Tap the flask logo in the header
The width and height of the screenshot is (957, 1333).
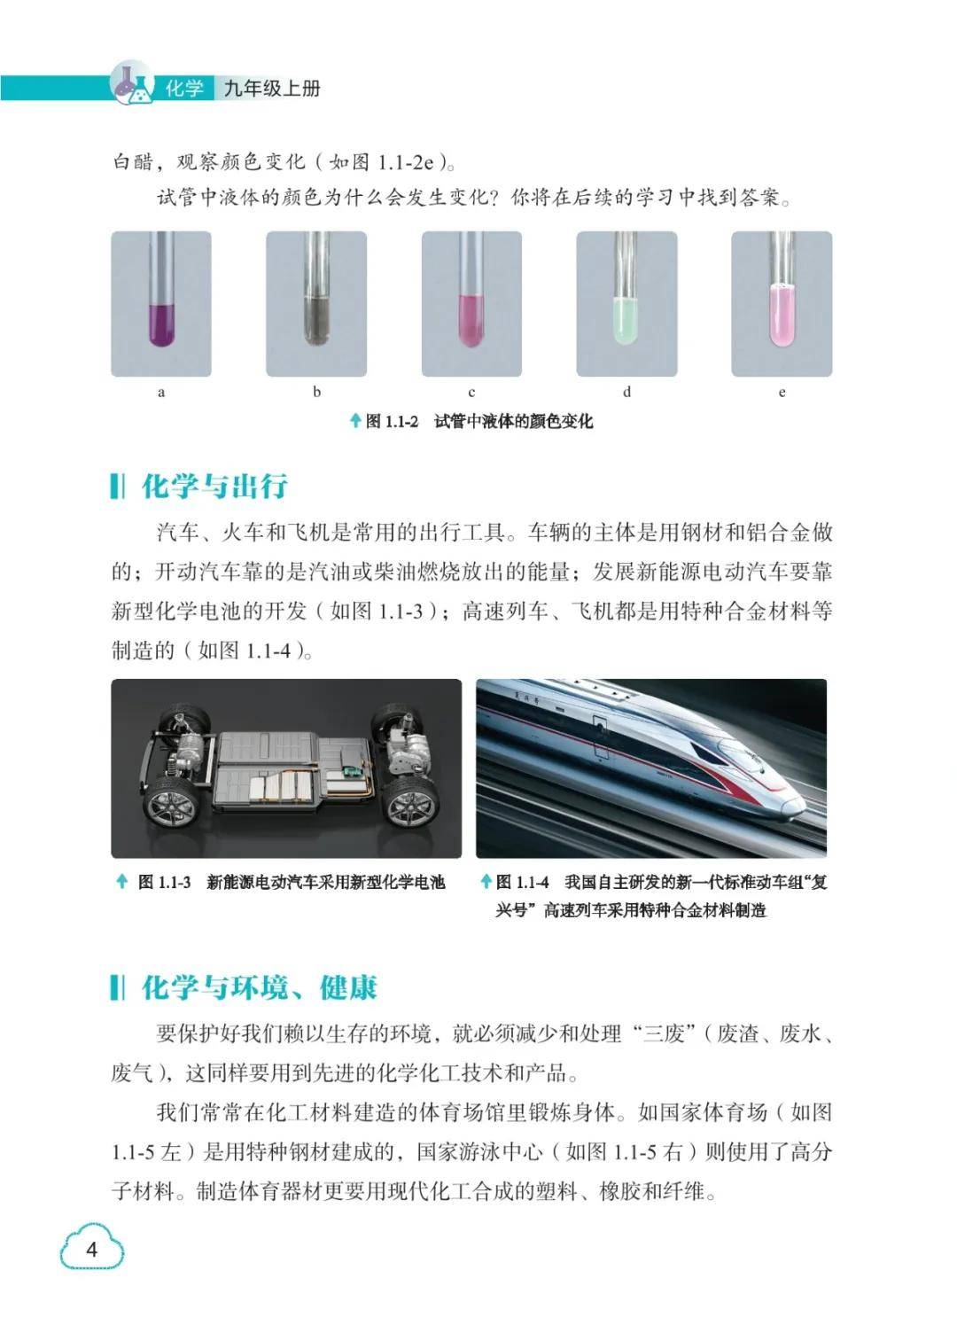(x=132, y=84)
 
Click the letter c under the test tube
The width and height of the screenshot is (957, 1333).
(x=471, y=392)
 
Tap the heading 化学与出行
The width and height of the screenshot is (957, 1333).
(x=214, y=486)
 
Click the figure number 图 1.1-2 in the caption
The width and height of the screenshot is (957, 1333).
(x=392, y=422)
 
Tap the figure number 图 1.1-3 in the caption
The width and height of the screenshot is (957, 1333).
(x=164, y=883)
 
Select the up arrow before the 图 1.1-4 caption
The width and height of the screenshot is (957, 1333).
(x=486, y=882)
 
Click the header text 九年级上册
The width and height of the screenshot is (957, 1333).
(x=272, y=90)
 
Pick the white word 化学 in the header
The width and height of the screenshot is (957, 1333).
(x=184, y=90)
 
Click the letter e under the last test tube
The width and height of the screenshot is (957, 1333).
(x=782, y=392)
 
